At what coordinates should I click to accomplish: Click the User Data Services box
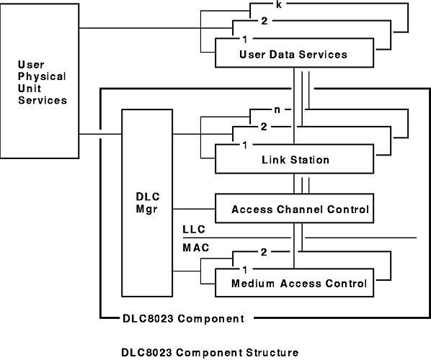pyautogui.click(x=294, y=53)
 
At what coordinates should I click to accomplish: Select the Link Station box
pyautogui.click(x=294, y=159)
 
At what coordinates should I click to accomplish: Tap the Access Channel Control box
pyautogui.click(x=294, y=208)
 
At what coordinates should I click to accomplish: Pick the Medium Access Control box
pyautogui.click(x=294, y=283)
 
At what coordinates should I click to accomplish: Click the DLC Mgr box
pyautogui.click(x=147, y=203)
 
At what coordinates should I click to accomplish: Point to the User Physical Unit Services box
pyautogui.click(x=40, y=81)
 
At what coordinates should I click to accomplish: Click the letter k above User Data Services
pyautogui.click(x=278, y=4)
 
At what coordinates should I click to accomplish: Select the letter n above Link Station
pyautogui.click(x=277, y=110)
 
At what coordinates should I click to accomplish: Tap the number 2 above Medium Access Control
pyautogui.click(x=264, y=252)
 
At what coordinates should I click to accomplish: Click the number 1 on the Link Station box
pyautogui.click(x=244, y=145)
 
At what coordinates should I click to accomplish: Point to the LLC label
pyautogui.click(x=194, y=230)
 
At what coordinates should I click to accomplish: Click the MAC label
pyautogui.click(x=196, y=248)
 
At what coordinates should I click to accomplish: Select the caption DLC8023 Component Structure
pyautogui.click(x=210, y=353)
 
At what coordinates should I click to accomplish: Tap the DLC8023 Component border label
pyautogui.click(x=183, y=319)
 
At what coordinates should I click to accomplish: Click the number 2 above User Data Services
pyautogui.click(x=265, y=21)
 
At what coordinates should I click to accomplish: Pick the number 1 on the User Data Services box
pyautogui.click(x=244, y=40)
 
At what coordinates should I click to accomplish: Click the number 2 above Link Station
pyautogui.click(x=264, y=127)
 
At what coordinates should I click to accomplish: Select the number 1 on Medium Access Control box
pyautogui.click(x=244, y=270)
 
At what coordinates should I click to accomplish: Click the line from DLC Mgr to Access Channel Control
pyautogui.click(x=194, y=209)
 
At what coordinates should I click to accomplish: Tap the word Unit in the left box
pyautogui.click(x=30, y=89)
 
